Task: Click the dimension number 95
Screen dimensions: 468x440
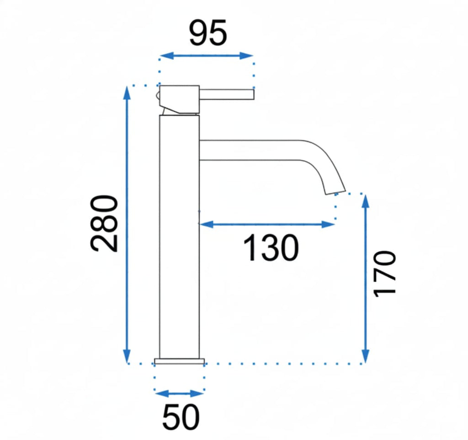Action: tap(208, 33)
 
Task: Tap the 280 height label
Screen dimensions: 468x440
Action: tap(104, 224)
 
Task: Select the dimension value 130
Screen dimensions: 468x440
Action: tap(271, 248)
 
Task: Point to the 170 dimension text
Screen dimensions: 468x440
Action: tap(385, 274)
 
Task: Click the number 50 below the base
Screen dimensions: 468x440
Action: tap(181, 417)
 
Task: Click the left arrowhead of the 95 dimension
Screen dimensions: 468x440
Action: tap(166, 55)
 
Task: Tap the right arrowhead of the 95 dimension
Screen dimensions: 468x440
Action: tap(246, 55)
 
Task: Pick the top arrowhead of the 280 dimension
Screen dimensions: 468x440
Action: tap(127, 93)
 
